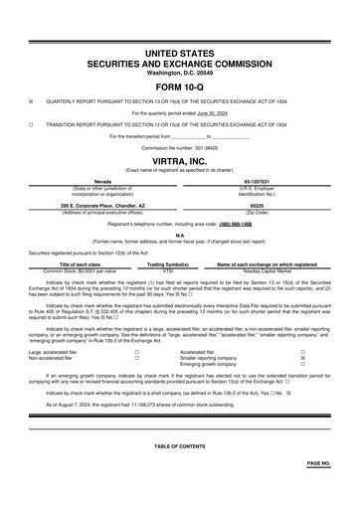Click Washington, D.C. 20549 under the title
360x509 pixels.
point(179,73)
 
